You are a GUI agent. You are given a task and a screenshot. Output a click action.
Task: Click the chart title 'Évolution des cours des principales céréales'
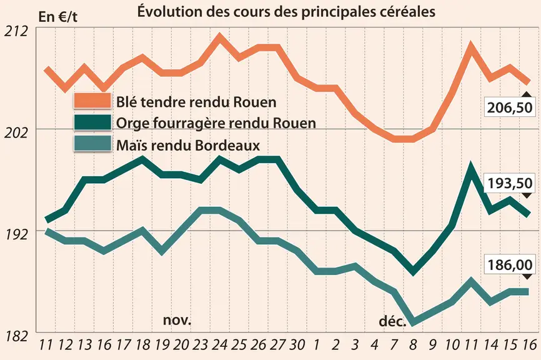pyautogui.click(x=286, y=11)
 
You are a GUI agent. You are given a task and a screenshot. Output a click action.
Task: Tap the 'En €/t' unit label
pyautogui.click(x=58, y=17)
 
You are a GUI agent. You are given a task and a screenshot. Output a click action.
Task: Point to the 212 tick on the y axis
pyautogui.click(x=16, y=32)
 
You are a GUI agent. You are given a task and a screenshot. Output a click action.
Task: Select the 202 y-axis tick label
pyautogui.click(x=16, y=133)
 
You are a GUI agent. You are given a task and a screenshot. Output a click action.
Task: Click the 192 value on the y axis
pyautogui.click(x=16, y=234)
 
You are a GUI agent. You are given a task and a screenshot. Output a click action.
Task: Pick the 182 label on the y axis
pyautogui.click(x=16, y=336)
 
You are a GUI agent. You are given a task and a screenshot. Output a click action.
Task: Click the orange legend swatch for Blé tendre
pyautogui.click(x=92, y=101)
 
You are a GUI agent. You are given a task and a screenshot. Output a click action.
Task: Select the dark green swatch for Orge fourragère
pyautogui.click(x=92, y=122)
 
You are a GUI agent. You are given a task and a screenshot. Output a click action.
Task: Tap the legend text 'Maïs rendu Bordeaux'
pyautogui.click(x=188, y=145)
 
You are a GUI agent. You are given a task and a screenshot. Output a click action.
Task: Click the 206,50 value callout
pyautogui.click(x=510, y=107)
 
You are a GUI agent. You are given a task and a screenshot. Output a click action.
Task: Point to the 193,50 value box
pyautogui.click(x=510, y=183)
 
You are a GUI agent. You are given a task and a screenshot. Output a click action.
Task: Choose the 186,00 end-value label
pyautogui.click(x=510, y=265)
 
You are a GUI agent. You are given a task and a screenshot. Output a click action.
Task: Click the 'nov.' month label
pyautogui.click(x=177, y=320)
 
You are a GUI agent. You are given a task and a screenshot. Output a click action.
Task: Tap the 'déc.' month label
pyautogui.click(x=393, y=321)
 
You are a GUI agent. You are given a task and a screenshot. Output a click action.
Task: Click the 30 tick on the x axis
pyautogui.click(x=297, y=344)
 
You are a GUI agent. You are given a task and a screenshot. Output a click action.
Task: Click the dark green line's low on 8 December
pyautogui.click(x=413, y=271)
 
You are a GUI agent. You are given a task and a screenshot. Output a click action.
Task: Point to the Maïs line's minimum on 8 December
pyautogui.click(x=413, y=322)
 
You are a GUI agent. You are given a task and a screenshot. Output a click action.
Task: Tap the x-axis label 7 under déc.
pyautogui.click(x=394, y=344)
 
